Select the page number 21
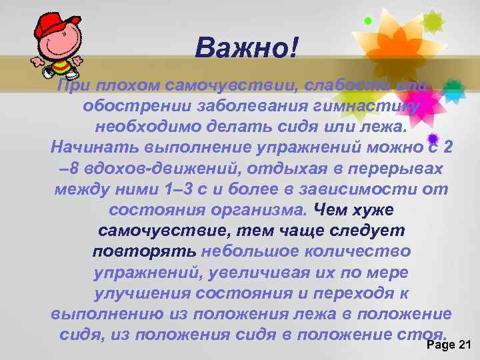point(463,344)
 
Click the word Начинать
point(91,148)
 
